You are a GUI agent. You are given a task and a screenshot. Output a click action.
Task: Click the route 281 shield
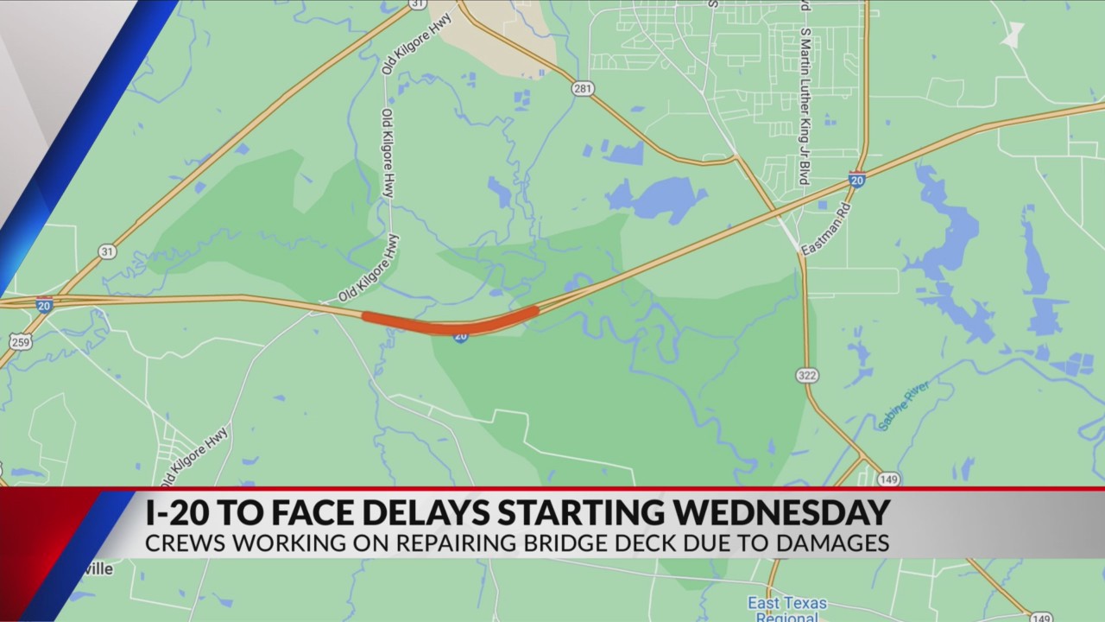coord(584,88)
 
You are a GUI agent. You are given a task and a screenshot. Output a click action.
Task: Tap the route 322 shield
coord(808,375)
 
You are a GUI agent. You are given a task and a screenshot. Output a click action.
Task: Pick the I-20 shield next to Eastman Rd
coord(856,180)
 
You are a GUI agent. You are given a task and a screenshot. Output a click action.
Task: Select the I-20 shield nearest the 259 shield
coord(44,305)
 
